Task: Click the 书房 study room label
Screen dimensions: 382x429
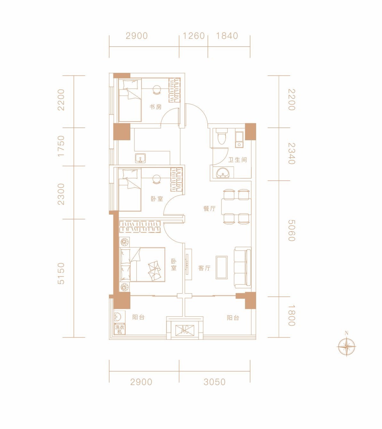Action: click(155, 107)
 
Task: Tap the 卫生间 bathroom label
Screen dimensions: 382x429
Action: click(238, 160)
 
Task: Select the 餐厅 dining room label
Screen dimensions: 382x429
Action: click(209, 209)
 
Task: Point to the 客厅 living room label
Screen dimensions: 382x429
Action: click(204, 268)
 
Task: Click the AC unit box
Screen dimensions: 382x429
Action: click(185, 330)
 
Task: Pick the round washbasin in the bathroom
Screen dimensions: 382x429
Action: click(222, 173)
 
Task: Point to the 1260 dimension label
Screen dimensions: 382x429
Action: click(193, 36)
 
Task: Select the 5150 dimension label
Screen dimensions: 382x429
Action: click(61, 273)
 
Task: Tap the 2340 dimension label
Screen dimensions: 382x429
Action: click(292, 153)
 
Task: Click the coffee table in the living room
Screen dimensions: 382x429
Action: click(222, 267)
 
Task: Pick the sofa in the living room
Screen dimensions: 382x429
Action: click(243, 268)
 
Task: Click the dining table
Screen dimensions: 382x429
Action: click(236, 207)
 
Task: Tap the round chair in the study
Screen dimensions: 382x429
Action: click(157, 89)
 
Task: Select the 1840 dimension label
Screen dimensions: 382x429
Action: click(227, 36)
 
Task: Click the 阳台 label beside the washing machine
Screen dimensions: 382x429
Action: click(138, 317)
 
